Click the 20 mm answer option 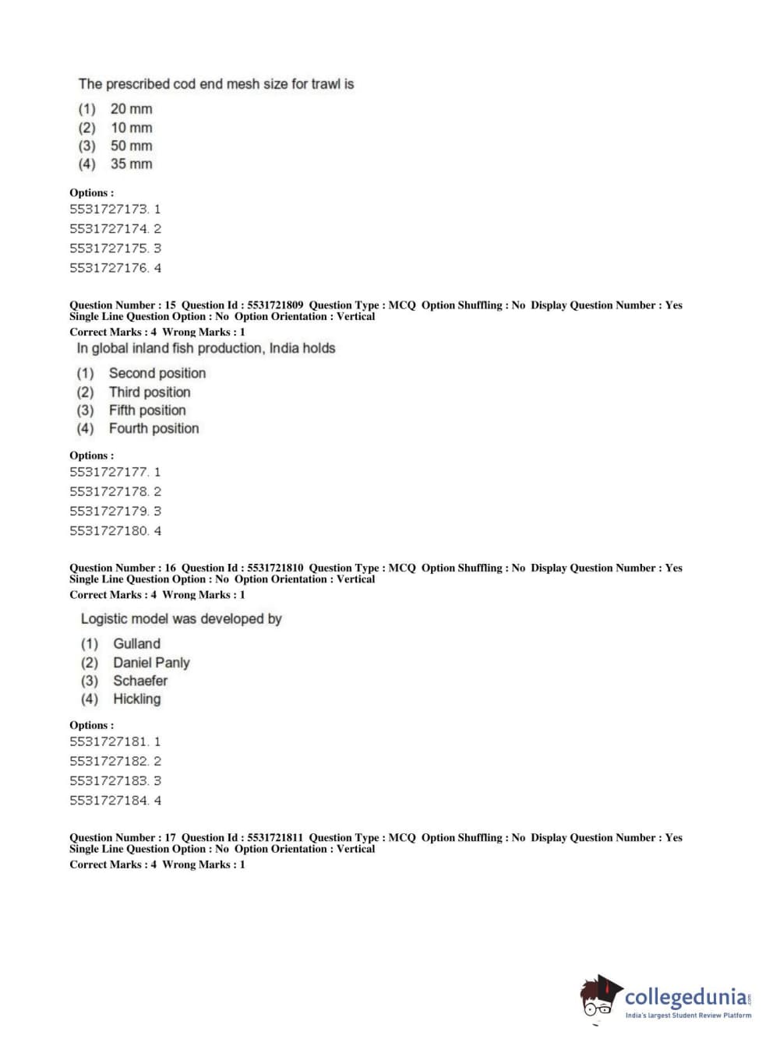pos(131,109)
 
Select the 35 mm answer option pos(131,164)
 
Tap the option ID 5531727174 pos(115,229)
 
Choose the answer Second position pos(157,374)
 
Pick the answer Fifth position pos(147,410)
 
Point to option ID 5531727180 pos(115,531)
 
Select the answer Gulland pos(136,644)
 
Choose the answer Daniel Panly pos(151,663)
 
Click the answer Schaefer pos(140,681)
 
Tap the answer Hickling pos(137,699)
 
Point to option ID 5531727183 pos(115,781)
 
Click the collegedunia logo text pos(686,997)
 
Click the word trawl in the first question pos(325,84)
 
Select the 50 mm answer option pos(131,146)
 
